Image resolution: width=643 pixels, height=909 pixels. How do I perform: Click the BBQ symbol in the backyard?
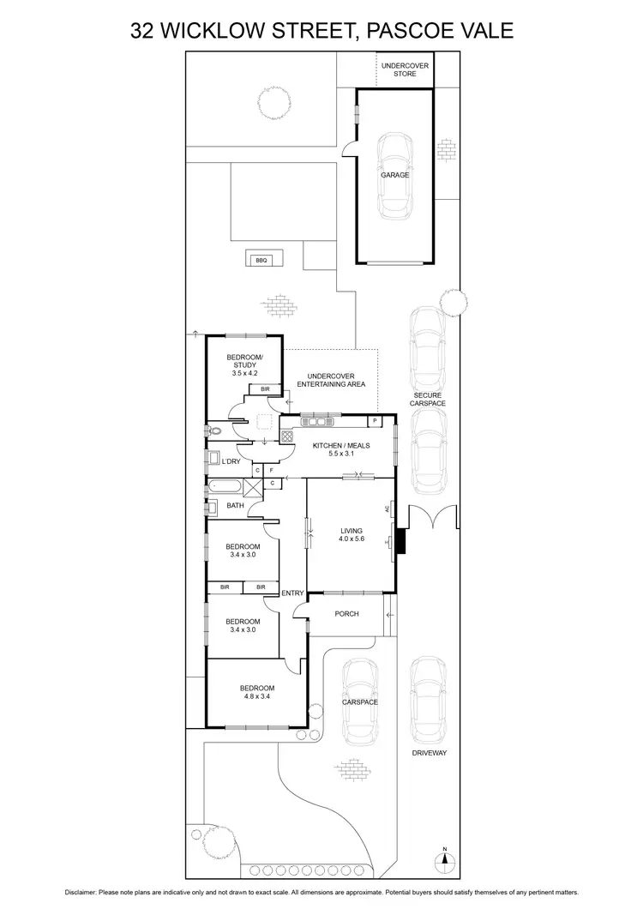(261, 260)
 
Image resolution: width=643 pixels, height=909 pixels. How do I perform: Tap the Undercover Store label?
(405, 70)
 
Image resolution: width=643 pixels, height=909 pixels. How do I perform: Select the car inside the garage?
(395, 176)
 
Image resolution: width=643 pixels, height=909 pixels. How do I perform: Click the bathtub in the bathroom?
(223, 488)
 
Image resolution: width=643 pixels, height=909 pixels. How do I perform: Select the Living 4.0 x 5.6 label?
(352, 535)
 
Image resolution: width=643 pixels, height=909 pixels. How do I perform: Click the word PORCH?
(346, 614)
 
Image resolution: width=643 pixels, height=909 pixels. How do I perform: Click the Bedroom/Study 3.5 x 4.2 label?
(244, 365)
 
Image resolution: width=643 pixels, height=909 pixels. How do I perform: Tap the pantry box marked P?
(376, 421)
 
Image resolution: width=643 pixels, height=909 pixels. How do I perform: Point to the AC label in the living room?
(388, 509)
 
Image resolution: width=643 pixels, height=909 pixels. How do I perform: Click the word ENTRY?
(292, 593)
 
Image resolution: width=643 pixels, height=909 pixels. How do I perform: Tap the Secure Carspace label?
(427, 399)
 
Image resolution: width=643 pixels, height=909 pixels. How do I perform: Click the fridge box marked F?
(271, 471)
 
